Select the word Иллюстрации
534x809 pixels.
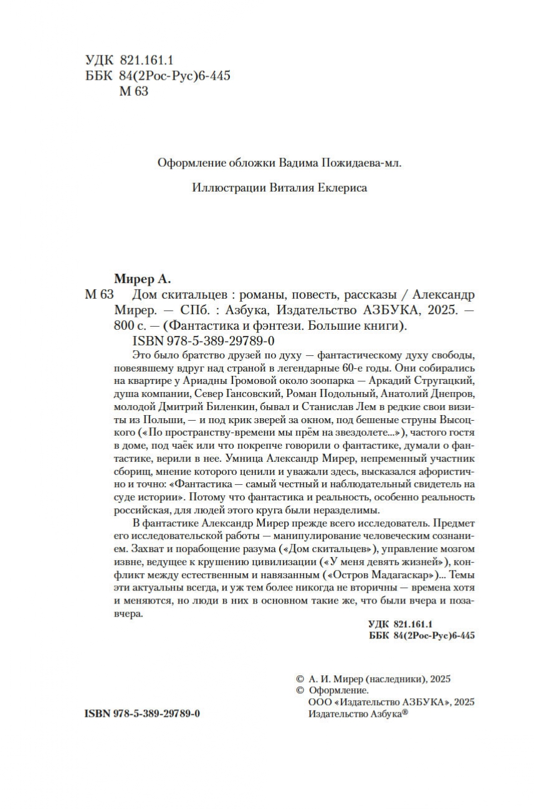coord(221,188)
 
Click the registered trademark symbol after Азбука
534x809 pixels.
coord(405,713)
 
